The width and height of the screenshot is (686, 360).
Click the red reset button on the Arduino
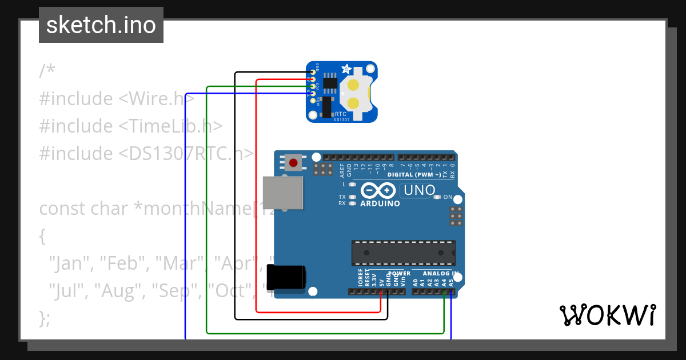point(293,163)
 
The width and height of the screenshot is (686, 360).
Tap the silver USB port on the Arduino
point(282,192)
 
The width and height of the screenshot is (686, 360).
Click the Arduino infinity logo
point(378,190)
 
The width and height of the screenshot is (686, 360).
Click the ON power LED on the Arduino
point(437,197)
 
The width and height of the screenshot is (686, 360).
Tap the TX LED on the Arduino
point(352,197)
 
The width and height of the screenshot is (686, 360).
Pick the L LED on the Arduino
point(352,185)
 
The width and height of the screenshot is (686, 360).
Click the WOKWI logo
point(607,315)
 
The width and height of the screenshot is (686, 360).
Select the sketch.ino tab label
point(101,25)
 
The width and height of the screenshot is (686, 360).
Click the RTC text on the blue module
point(341,114)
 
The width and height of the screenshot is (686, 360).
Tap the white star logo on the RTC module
point(346,69)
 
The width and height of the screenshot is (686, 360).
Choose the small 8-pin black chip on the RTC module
point(330,83)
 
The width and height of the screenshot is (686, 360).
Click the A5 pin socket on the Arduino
point(451,292)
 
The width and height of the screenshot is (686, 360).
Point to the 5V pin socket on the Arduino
point(381,292)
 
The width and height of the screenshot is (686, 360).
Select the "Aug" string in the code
point(121,291)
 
